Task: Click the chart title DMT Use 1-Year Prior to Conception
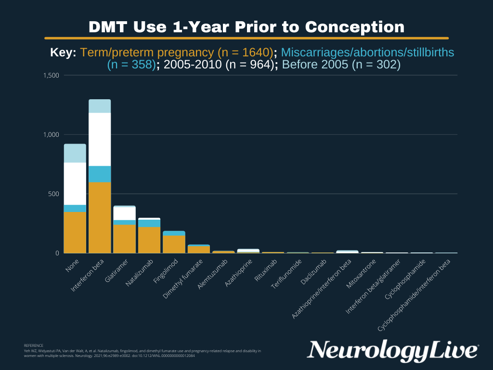pyautogui.click(x=246, y=26)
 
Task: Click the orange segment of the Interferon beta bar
pyautogui.click(x=100, y=217)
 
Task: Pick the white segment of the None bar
pyautogui.click(x=75, y=184)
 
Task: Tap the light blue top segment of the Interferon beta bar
pyautogui.click(x=100, y=106)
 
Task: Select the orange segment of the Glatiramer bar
pyautogui.click(x=124, y=238)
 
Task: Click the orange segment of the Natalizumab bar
pyautogui.click(x=149, y=240)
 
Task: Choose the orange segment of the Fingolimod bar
pyautogui.click(x=174, y=244)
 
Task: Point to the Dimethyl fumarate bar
pyautogui.click(x=198, y=249)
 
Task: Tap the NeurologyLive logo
pyautogui.click(x=393, y=350)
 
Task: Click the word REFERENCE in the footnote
pyautogui.click(x=33, y=345)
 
